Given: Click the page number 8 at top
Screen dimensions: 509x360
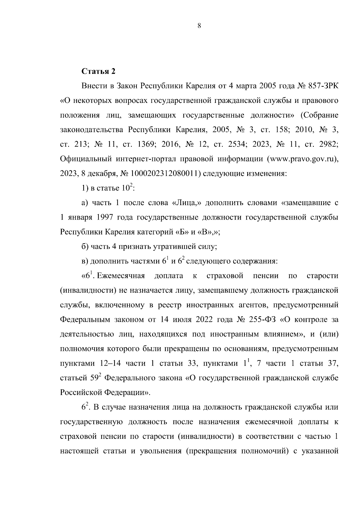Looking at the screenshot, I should [199, 26].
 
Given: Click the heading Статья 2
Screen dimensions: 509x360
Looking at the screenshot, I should [98, 71].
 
